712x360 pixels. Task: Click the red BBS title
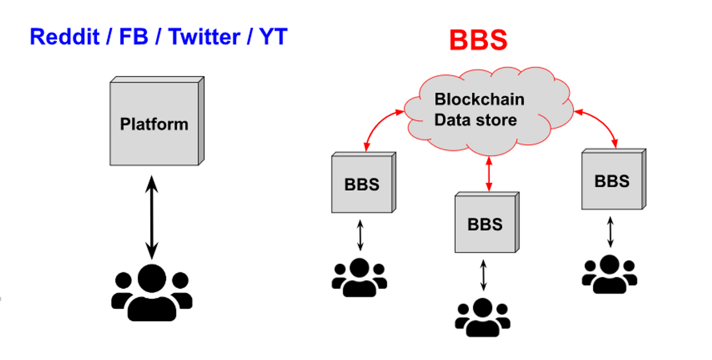(478, 40)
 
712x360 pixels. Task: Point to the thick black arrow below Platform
(152, 217)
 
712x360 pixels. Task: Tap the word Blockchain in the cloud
(479, 99)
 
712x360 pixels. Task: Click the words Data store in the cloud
(476, 120)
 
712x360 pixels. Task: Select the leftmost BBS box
(362, 184)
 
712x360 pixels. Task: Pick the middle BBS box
(485, 223)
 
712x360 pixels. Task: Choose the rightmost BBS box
(612, 181)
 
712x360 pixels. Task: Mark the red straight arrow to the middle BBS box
(488, 174)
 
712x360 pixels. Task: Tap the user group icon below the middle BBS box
(482, 318)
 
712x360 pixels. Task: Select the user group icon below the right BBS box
(609, 274)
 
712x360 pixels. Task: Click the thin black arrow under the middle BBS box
(483, 275)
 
